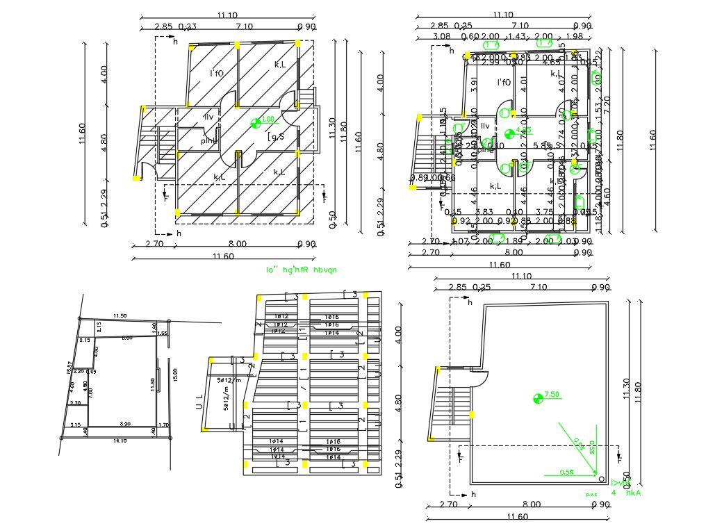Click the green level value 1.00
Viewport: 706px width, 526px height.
click(x=268, y=120)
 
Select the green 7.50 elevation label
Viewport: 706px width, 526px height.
click(x=552, y=395)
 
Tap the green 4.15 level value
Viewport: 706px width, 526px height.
click(x=524, y=130)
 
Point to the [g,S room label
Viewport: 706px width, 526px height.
click(x=275, y=138)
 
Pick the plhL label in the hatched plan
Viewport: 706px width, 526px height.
click(x=208, y=141)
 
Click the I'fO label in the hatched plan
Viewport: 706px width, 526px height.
click(x=217, y=73)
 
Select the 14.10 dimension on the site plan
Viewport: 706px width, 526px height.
click(x=120, y=440)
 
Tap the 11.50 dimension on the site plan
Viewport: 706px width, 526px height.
click(x=120, y=316)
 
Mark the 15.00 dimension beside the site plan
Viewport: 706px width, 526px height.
click(x=174, y=375)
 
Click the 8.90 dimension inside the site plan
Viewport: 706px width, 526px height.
click(x=125, y=423)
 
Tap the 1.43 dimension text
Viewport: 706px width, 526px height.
click(x=516, y=37)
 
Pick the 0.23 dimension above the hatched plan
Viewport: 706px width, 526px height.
click(x=187, y=26)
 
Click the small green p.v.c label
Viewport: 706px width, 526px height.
click(x=591, y=494)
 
